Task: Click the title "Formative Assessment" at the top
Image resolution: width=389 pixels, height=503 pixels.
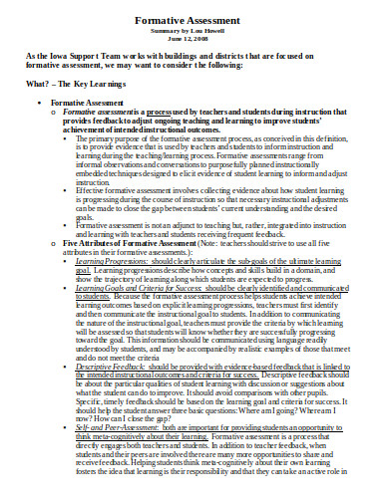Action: pos(194,18)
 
